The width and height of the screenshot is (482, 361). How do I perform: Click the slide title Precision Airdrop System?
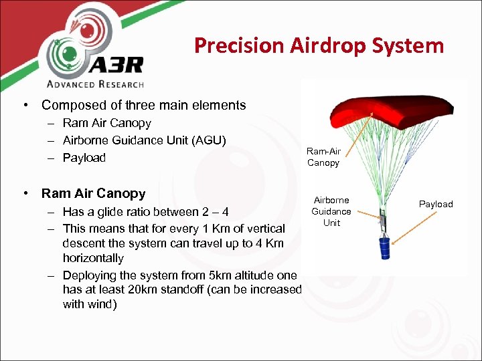click(319, 45)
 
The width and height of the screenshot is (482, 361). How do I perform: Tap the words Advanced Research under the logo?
click(94, 84)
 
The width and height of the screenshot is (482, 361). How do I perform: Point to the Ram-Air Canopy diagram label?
click(323, 158)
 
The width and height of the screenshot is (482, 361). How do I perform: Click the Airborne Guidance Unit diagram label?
click(331, 211)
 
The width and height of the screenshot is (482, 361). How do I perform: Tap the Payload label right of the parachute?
click(436, 204)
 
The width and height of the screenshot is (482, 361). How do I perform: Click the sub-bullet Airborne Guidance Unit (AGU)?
click(145, 140)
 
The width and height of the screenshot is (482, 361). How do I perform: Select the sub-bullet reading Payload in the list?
click(84, 158)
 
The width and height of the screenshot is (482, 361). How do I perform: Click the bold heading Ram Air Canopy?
click(93, 194)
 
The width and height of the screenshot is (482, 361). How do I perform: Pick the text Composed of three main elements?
click(143, 105)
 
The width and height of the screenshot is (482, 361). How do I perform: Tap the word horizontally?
click(93, 258)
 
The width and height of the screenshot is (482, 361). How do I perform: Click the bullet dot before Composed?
click(25, 105)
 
